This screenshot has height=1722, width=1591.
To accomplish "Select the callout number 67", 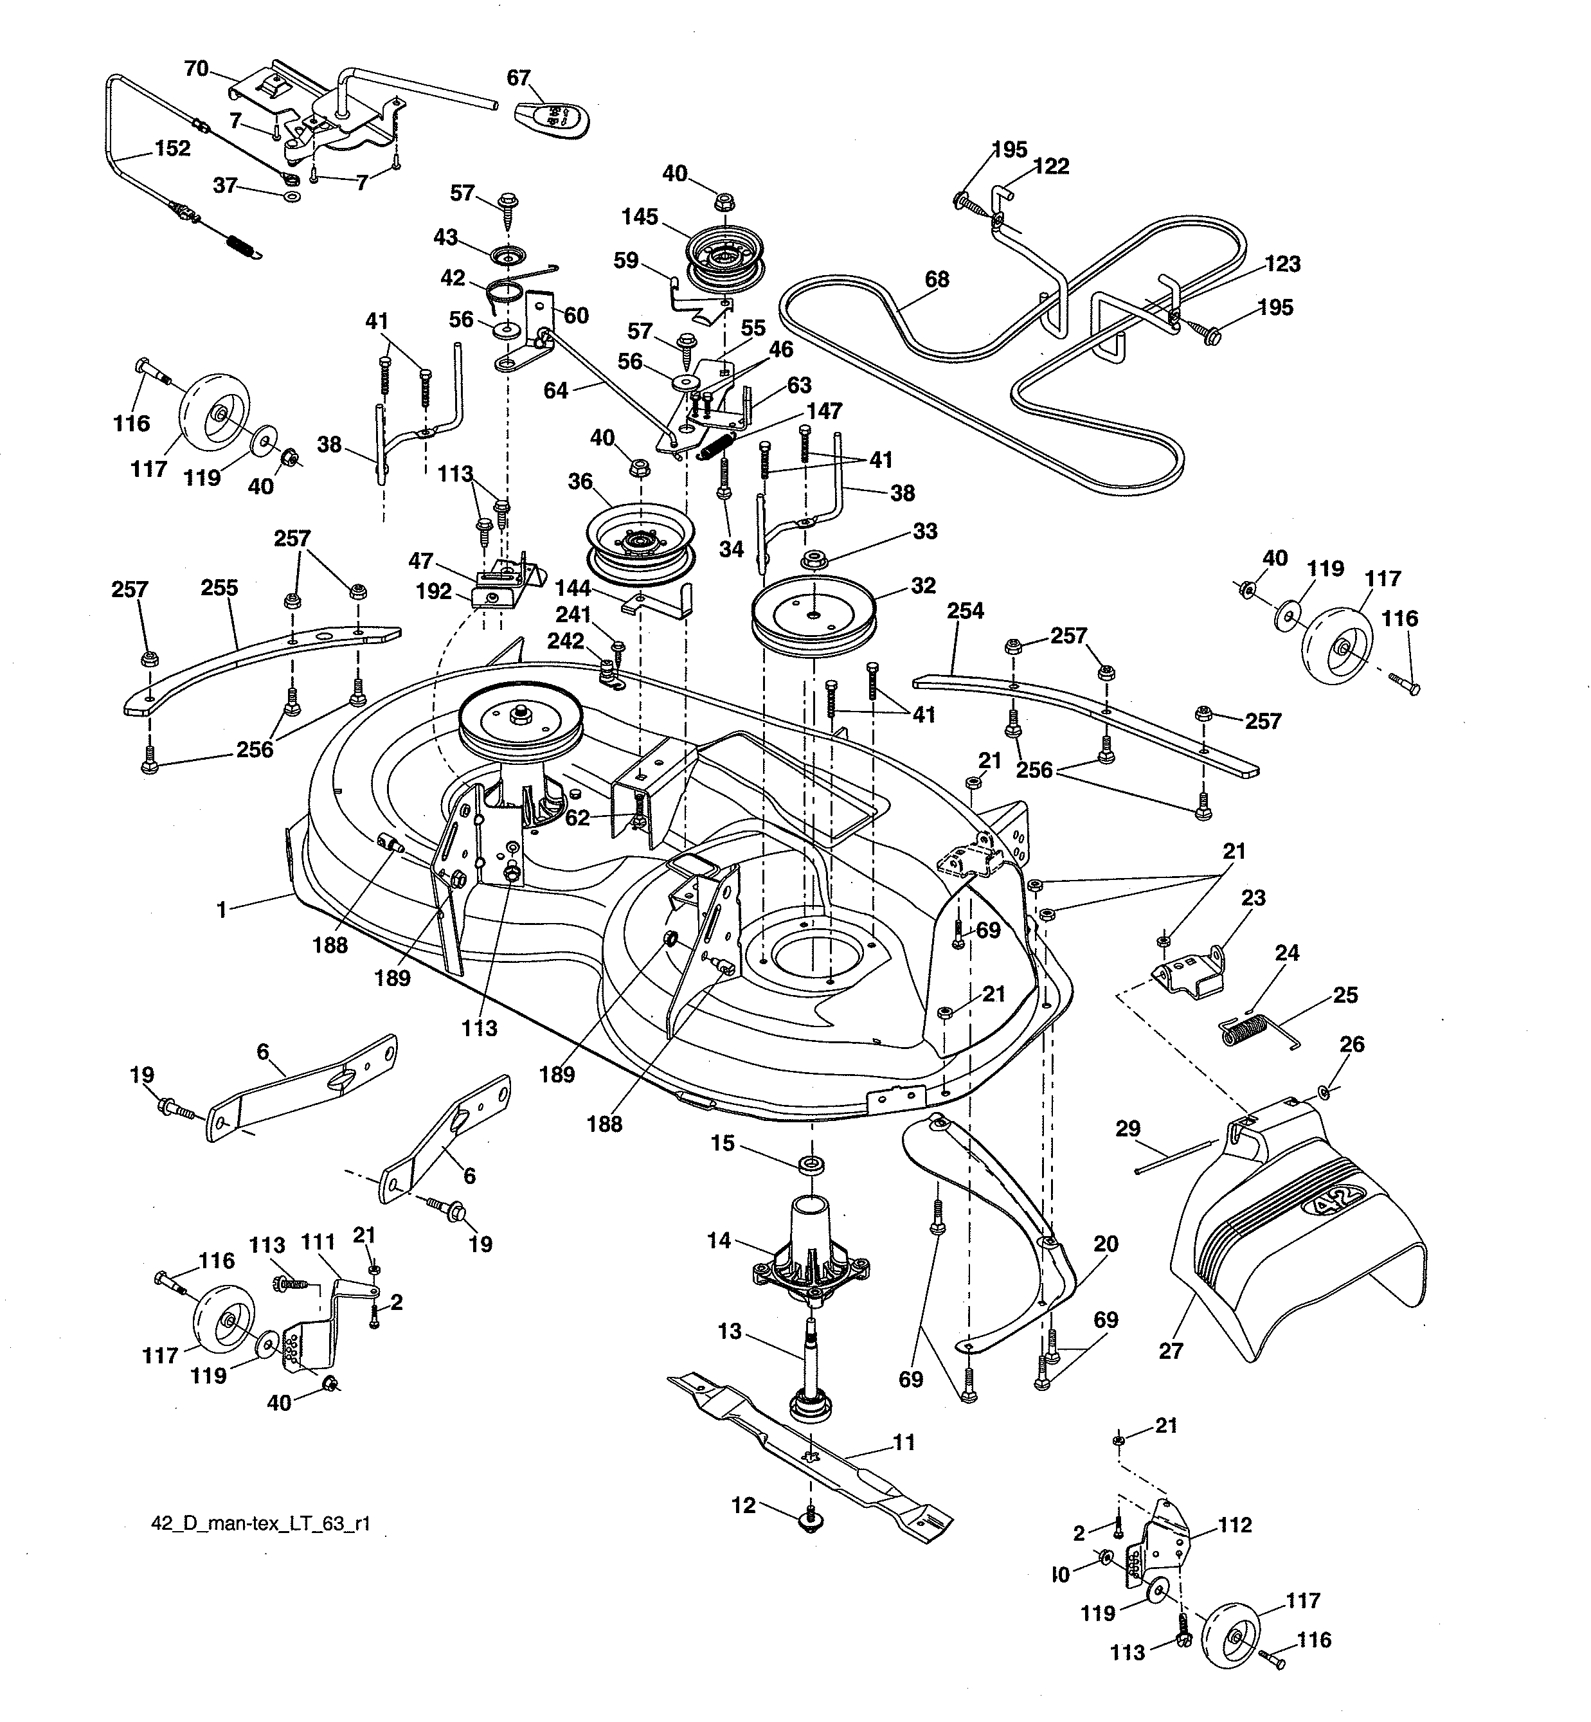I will [x=518, y=78].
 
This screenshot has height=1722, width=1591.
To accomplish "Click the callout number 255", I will [x=220, y=588].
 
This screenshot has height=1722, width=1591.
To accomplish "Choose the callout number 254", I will [x=965, y=611].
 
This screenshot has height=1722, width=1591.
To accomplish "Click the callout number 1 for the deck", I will [x=221, y=910].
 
